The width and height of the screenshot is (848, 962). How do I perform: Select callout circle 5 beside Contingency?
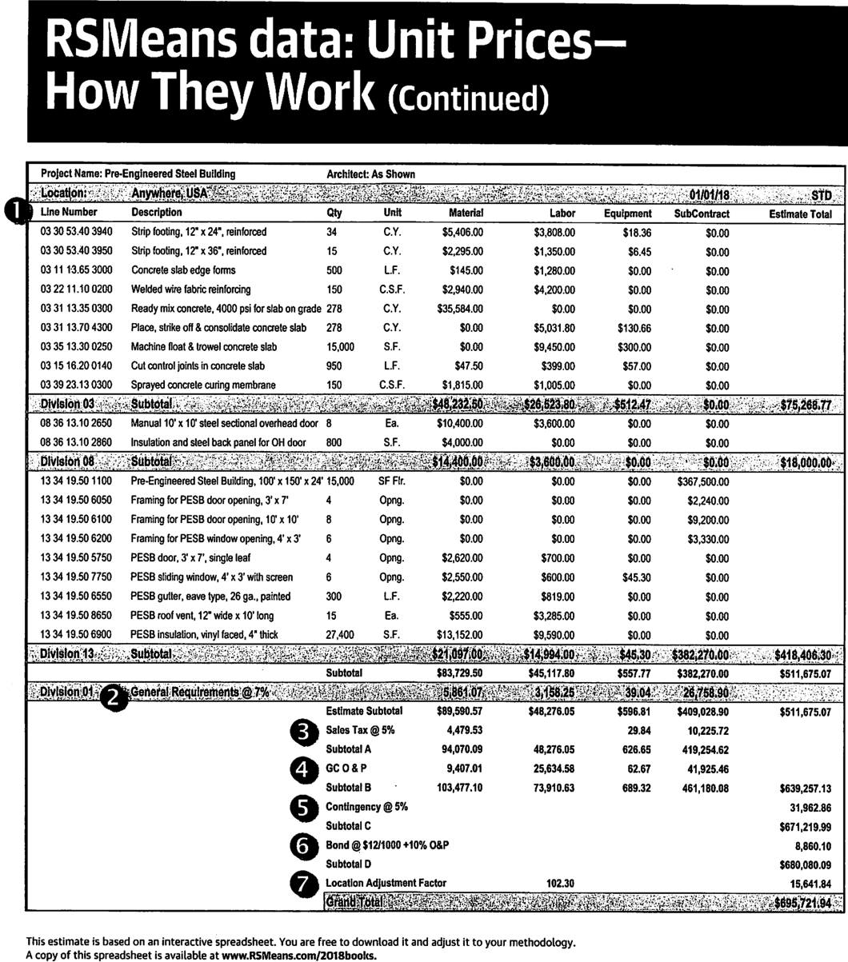coord(303,808)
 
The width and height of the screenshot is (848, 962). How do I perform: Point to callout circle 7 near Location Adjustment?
coord(303,884)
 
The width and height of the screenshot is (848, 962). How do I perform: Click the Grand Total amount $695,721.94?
coord(802,903)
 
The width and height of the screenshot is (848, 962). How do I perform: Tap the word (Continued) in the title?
coord(469,100)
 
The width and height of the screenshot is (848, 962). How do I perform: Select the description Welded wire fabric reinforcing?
coord(190,289)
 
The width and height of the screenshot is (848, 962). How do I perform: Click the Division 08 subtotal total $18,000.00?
coord(806,462)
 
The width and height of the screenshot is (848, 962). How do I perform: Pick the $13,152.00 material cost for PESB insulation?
coord(460,636)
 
